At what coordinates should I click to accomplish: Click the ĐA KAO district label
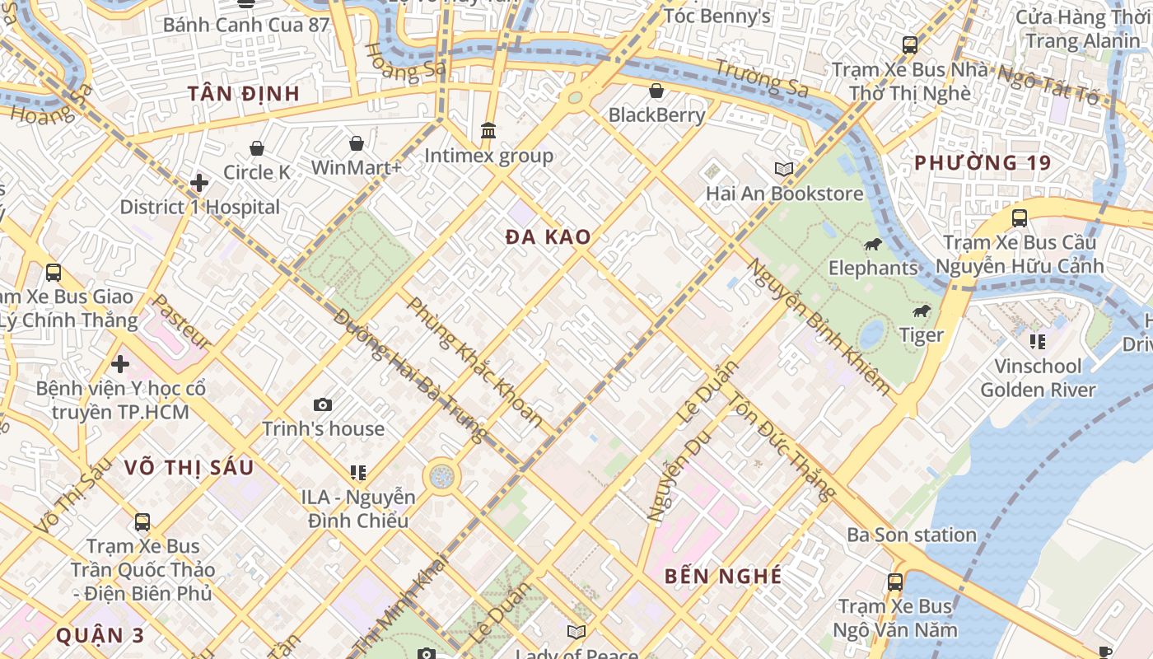(548, 237)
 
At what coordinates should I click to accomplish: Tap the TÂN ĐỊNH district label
(243, 93)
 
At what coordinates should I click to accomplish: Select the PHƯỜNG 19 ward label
(983, 162)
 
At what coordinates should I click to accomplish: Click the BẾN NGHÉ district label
(723, 576)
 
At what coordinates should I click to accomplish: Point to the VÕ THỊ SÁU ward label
(189, 467)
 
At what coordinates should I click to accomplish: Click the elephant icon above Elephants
(872, 245)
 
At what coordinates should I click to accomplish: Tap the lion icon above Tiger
(921, 311)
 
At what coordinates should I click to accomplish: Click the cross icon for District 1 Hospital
(198, 183)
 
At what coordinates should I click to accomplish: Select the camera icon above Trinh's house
(323, 404)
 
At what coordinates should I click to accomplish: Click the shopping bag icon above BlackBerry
(656, 91)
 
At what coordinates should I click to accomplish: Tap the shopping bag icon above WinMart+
(356, 144)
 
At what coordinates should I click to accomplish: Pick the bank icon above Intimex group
(488, 131)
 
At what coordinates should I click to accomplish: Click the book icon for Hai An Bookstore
(783, 169)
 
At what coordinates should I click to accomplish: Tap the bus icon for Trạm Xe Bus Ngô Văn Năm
(895, 582)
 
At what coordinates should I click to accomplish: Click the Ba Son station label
(911, 535)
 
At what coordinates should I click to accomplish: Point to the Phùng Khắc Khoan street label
(475, 362)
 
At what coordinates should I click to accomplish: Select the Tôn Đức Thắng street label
(781, 446)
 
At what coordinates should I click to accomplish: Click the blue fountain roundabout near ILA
(441, 476)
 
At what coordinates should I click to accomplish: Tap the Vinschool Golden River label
(1038, 377)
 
